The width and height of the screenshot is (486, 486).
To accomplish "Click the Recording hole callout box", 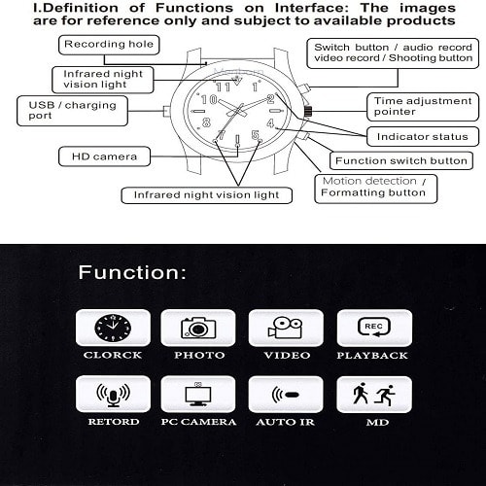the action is pos(109,45).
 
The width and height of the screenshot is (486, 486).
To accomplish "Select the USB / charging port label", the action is pos(72,111).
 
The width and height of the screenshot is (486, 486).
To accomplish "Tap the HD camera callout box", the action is pos(104,156).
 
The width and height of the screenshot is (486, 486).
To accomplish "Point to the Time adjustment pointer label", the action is pos(423,107).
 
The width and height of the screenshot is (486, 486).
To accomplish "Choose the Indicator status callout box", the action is pos(423,136).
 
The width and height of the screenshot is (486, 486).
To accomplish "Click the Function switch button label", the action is pos(401,160).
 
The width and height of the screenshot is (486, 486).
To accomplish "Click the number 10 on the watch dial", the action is pos(209,99).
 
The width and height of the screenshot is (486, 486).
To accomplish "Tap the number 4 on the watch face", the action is pos(270,123).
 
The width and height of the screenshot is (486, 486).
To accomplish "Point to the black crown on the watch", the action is pos(308,111).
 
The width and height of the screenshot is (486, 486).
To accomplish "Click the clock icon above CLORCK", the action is pos(113,328).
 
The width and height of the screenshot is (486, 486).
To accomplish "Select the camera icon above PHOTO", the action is pos(198,328).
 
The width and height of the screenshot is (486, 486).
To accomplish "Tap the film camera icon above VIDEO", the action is pos(285,328).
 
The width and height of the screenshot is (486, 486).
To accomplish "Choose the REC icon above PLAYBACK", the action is pos(374,327).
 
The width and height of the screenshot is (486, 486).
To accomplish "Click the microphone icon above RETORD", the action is pos(113,395).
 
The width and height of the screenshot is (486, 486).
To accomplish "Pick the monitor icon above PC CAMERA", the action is pos(198,394).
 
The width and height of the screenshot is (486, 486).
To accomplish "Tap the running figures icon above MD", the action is pos(374,394).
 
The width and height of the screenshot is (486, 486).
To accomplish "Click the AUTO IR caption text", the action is pos(286,422).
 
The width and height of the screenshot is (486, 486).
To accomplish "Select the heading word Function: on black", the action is pos(132,272).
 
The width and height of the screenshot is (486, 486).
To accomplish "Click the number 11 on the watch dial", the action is pos(223,87).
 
